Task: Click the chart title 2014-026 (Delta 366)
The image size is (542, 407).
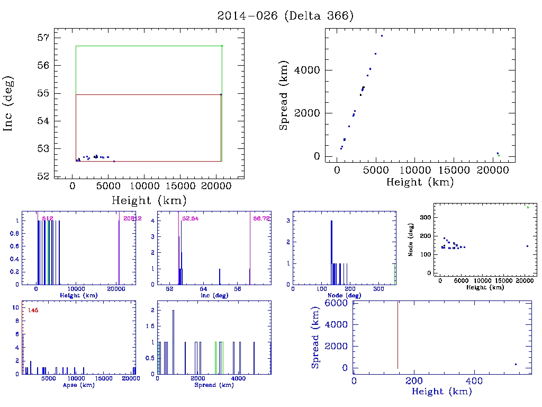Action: [x=285, y=16]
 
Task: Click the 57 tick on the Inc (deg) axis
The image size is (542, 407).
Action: [x=44, y=38]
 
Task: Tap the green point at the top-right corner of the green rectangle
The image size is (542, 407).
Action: [x=222, y=46]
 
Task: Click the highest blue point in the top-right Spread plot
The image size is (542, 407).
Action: [x=382, y=36]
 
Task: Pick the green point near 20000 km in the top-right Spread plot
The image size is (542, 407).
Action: [x=499, y=155]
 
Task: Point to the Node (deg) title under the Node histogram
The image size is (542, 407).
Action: [x=345, y=295]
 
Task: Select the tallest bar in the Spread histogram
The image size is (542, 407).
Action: [x=173, y=342]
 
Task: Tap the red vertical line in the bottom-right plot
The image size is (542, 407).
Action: [x=398, y=334]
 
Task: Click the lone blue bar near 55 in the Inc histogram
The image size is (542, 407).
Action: [x=220, y=276]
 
